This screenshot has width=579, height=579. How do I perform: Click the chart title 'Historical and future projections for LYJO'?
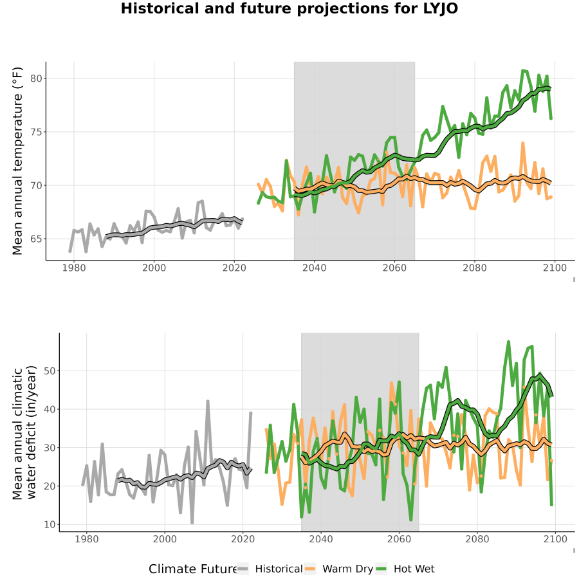[x=289, y=8]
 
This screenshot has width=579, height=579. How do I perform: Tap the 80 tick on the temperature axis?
[x=36, y=78]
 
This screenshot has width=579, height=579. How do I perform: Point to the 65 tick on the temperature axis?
[x=36, y=239]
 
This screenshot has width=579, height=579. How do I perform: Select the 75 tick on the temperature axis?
[x=36, y=132]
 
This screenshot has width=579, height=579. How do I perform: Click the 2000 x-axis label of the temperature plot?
[x=154, y=268]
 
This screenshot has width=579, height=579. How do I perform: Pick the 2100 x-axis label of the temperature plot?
[x=555, y=268]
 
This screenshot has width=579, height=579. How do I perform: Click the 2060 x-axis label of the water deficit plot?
[x=399, y=539]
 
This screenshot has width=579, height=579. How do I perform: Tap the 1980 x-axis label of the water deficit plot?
[x=87, y=539]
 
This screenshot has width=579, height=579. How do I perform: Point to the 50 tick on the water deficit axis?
[x=50, y=371]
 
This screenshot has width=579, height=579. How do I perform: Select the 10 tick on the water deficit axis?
[x=50, y=525]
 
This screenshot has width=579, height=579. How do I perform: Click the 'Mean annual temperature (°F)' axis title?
[x=17, y=161]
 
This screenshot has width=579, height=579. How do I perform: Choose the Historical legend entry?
[x=270, y=569]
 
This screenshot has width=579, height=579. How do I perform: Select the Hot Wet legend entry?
[x=405, y=569]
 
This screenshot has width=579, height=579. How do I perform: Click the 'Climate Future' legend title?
[x=193, y=569]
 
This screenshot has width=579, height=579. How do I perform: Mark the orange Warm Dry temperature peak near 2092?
[x=523, y=143]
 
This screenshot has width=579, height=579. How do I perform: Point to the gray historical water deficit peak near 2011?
[x=208, y=401]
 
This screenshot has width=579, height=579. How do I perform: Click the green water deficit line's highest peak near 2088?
[x=508, y=342]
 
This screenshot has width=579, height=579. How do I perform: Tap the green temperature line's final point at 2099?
[x=551, y=118]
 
